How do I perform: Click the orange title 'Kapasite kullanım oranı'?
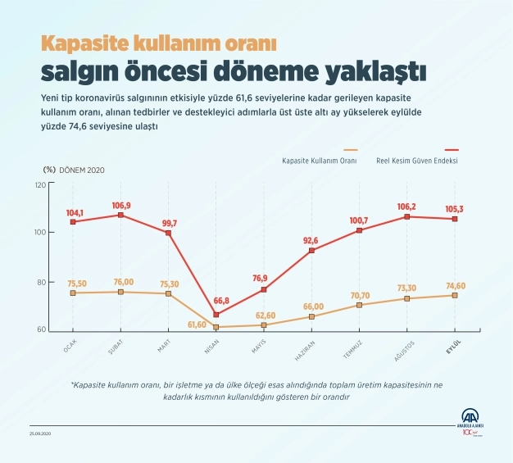pyautogui.click(x=159, y=42)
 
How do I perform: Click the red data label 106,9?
pyautogui.click(x=120, y=205)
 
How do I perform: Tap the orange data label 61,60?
pyautogui.click(x=197, y=325)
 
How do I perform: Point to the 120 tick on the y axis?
pyautogui.click(x=40, y=184)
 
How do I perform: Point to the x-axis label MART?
pyautogui.click(x=164, y=347)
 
